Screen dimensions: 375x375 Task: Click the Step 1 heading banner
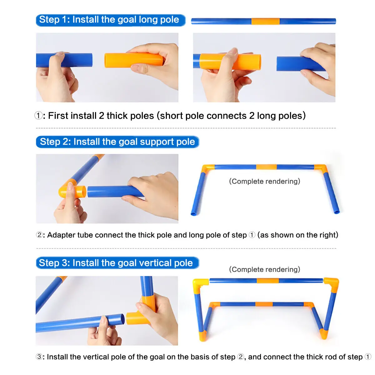[111, 20]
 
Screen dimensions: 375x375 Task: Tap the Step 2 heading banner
[117, 142]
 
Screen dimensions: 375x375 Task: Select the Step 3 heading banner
[117, 263]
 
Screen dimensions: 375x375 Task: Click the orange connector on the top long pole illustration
[265, 21]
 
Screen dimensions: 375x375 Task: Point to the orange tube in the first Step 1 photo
[133, 60]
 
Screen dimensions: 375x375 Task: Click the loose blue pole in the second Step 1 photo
[301, 64]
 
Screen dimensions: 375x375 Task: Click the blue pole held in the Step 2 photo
[115, 191]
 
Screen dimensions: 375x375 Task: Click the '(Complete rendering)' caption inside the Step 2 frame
[264, 181]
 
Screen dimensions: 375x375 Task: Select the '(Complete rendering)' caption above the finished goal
[264, 269]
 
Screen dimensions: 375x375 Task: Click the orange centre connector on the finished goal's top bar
[267, 281]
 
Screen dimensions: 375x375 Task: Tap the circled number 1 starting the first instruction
[38, 116]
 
